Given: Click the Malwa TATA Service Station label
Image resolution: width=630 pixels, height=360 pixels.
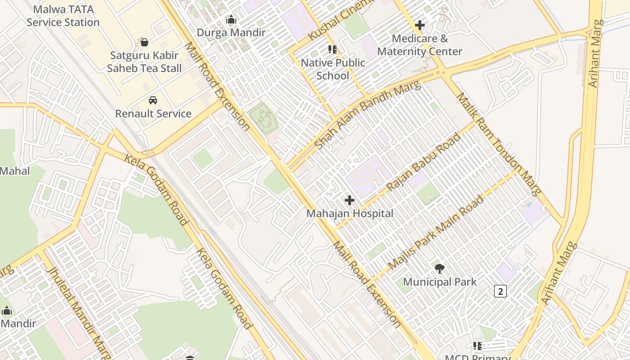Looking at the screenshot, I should pos(63,16).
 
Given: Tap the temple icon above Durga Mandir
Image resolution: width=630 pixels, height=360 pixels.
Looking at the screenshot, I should pos(231,19).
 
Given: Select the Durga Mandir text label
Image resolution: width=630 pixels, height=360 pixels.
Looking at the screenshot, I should pos(231,33).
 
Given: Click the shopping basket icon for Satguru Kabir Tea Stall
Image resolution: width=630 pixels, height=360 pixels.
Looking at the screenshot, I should pos(144,42).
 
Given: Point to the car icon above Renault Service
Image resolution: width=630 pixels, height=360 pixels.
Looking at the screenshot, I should pos(153,100).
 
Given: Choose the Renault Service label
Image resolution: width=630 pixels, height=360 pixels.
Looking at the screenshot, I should pos(153,113).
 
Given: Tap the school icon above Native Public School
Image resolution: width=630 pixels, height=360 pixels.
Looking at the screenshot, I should pos(333,49).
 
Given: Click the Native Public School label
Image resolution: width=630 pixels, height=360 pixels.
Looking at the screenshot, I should pos(333,69).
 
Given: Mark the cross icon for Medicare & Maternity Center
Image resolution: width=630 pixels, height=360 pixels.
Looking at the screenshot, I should pos(420,25).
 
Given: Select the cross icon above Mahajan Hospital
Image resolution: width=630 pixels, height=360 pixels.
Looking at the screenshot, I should pos(350,200).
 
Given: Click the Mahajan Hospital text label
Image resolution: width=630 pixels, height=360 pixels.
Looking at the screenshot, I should pos(350,213).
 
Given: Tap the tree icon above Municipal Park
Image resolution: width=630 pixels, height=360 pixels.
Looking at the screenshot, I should pos(440,269).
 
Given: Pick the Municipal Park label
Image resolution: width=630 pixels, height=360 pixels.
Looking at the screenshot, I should pos(440,282).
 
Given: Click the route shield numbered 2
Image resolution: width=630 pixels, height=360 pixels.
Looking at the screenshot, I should pos(500,291).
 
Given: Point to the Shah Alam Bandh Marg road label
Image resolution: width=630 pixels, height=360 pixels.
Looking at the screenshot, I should pos(367,115).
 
